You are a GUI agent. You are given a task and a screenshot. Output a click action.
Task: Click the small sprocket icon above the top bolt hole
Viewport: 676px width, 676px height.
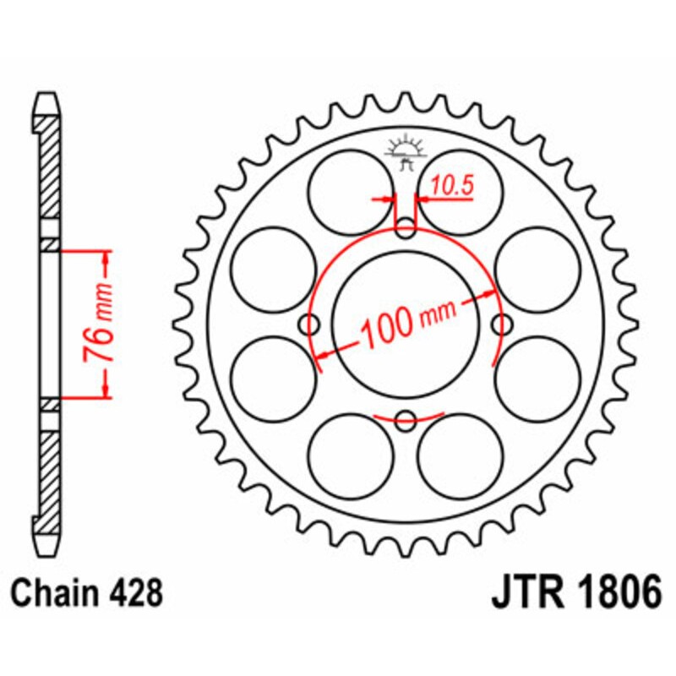pos(403,152)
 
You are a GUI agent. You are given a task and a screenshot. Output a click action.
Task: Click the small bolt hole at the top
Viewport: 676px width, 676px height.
pos(406,226)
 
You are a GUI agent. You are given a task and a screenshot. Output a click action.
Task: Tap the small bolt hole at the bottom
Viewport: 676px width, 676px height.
pos(406,417)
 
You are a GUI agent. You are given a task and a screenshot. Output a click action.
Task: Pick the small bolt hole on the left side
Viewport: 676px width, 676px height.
pos(310,323)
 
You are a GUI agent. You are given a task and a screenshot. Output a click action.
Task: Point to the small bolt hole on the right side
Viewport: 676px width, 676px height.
pos(502,323)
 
